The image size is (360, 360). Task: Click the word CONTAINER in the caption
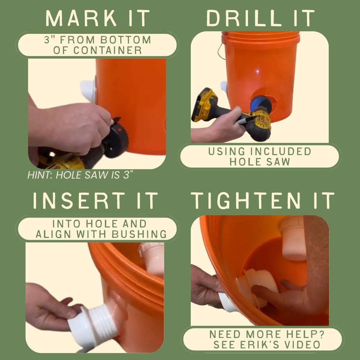pos(98,50)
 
